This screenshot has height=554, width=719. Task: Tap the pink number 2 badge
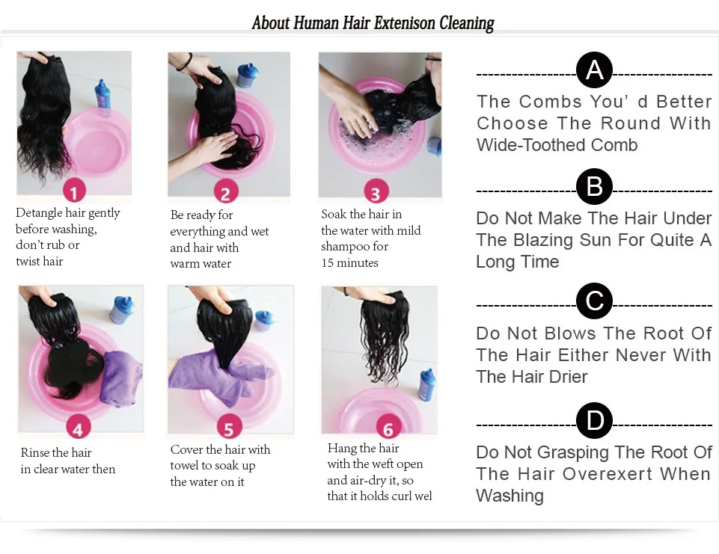pyautogui.click(x=226, y=192)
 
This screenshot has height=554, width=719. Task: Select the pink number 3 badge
pyautogui.click(x=376, y=191)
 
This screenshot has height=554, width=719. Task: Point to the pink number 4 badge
pyautogui.click(x=79, y=428)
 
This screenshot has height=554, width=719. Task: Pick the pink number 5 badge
pyautogui.click(x=229, y=428)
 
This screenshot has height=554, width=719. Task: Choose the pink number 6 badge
pyautogui.click(x=388, y=427)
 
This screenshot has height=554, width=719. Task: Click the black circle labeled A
pyautogui.click(x=594, y=70)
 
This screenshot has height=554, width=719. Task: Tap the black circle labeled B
pyautogui.click(x=594, y=186)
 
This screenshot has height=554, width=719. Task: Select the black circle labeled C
pyautogui.click(x=594, y=301)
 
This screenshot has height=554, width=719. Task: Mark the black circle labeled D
pyautogui.click(x=594, y=420)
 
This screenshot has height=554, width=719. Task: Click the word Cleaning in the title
pyautogui.click(x=467, y=23)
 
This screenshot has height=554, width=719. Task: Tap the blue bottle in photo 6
pyautogui.click(x=427, y=385)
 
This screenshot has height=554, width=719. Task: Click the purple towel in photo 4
pyautogui.click(x=120, y=378)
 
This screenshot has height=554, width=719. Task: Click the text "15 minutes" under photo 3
pyautogui.click(x=350, y=262)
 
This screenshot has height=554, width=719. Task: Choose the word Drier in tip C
pyautogui.click(x=568, y=377)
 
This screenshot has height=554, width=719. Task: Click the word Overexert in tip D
pyautogui.click(x=608, y=474)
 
